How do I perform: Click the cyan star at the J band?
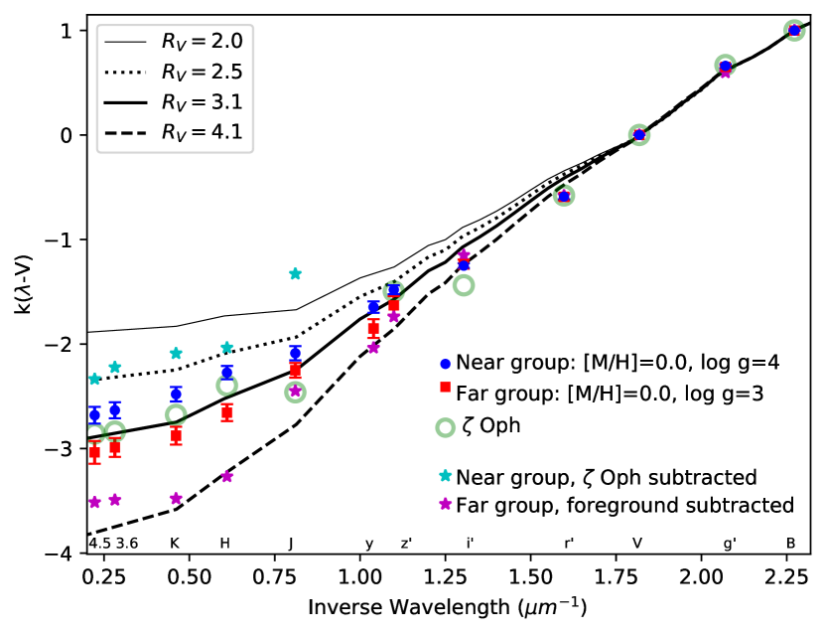click(x=295, y=273)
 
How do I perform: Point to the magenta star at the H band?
click(x=226, y=476)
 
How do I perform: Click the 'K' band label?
click(x=175, y=544)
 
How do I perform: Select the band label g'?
click(x=730, y=544)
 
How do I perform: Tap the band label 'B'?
click(x=790, y=544)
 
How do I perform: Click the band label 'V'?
click(x=638, y=544)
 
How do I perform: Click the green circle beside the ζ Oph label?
click(x=445, y=427)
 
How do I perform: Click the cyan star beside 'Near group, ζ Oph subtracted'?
click(x=445, y=476)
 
